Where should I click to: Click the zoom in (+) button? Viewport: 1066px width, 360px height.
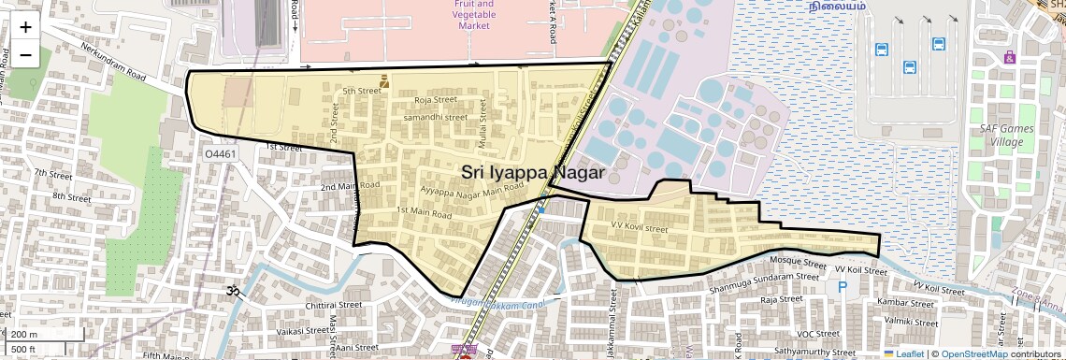[x=25, y=27]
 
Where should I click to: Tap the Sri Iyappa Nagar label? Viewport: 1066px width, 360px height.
[x=533, y=173]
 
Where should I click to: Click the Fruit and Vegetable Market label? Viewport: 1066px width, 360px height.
[x=474, y=15]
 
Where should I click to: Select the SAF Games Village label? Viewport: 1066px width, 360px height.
[x=1001, y=135]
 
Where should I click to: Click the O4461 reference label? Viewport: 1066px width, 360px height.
[x=221, y=153]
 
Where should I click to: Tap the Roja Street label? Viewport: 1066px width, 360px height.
[x=435, y=99]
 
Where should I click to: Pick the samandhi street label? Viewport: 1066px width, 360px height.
[x=434, y=118]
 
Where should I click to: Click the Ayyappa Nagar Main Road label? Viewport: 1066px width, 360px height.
[x=459, y=190]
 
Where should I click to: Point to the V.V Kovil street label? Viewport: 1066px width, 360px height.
[x=640, y=228]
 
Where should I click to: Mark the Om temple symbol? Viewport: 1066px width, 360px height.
[x=233, y=292]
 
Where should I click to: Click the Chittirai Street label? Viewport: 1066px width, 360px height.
[x=334, y=305]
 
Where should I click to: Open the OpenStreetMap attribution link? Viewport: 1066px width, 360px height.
[x=973, y=353]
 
